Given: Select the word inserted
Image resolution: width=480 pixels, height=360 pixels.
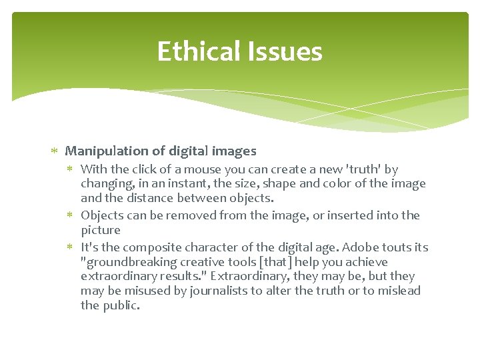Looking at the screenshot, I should pos(355,215).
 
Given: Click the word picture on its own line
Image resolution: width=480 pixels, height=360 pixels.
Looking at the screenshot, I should pos(101,230).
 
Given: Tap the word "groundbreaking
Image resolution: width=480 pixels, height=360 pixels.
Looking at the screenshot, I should pos(127,262).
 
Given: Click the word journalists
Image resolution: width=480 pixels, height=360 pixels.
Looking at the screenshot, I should pos(220,291).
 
